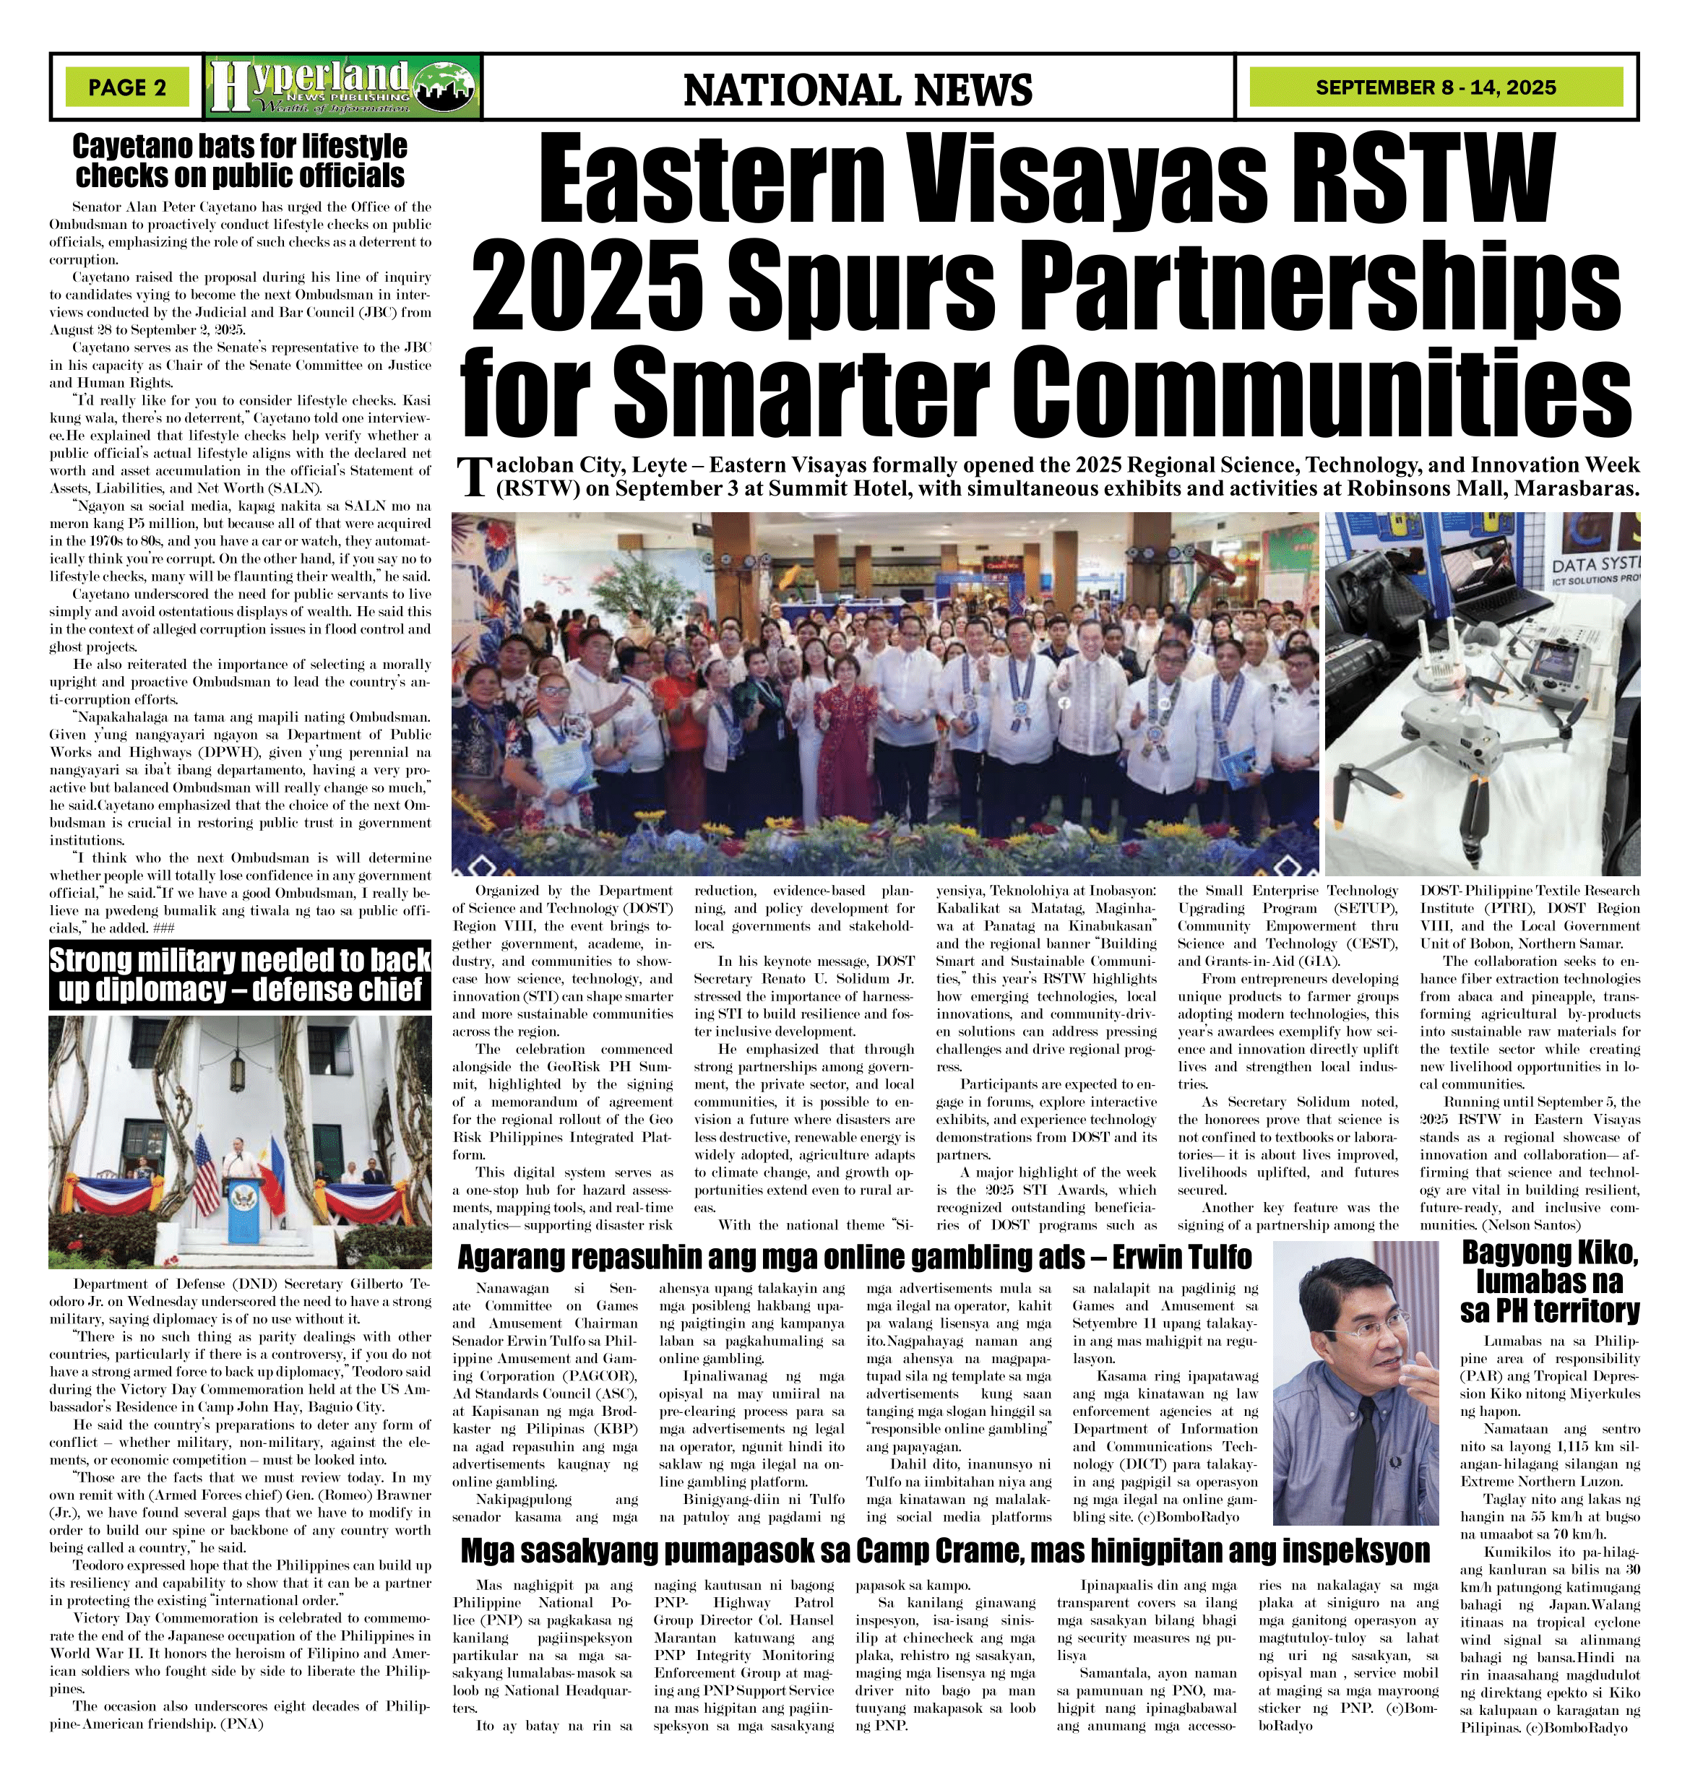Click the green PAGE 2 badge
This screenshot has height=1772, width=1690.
click(x=127, y=87)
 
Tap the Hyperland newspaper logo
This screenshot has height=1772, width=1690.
click(x=343, y=87)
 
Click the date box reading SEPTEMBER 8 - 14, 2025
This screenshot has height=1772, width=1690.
click(x=1435, y=87)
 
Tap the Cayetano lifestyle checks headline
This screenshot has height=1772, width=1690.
click(x=240, y=160)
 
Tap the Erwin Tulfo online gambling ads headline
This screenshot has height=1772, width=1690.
click(x=855, y=1255)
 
